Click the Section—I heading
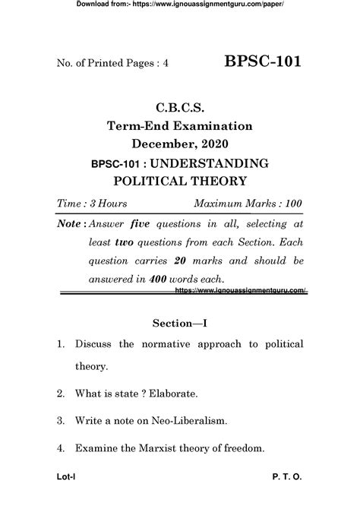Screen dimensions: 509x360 click(x=179, y=323)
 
